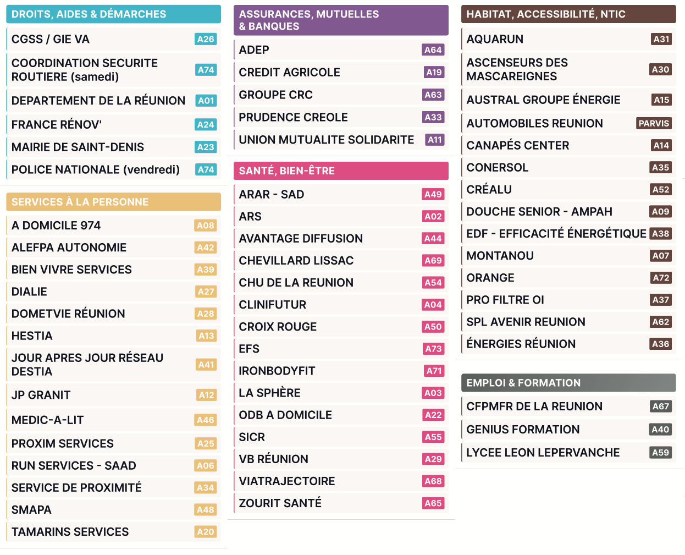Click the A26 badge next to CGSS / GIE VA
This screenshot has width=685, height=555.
(206, 39)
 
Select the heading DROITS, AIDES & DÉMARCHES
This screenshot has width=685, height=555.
(89, 14)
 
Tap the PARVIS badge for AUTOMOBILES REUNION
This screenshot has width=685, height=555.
(654, 123)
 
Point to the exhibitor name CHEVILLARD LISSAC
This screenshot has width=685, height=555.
(296, 261)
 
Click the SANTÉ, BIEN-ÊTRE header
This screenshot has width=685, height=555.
(286, 171)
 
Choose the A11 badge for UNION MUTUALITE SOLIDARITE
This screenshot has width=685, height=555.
(435, 140)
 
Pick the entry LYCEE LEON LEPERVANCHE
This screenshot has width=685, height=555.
(543, 453)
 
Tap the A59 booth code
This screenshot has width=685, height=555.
(660, 453)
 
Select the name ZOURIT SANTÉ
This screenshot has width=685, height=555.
(280, 503)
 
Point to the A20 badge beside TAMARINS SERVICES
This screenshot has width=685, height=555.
(206, 532)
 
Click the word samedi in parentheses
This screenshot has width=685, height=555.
(97, 77)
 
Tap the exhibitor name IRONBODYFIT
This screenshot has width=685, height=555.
(277, 371)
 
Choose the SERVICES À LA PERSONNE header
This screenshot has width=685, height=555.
(80, 202)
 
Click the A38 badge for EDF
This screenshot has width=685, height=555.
(660, 234)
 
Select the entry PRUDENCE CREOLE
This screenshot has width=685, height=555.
(293, 118)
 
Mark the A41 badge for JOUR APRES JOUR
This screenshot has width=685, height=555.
(206, 365)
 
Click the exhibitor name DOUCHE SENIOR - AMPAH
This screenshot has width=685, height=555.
(539, 212)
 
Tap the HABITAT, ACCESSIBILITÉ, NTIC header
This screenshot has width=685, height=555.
(545, 14)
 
